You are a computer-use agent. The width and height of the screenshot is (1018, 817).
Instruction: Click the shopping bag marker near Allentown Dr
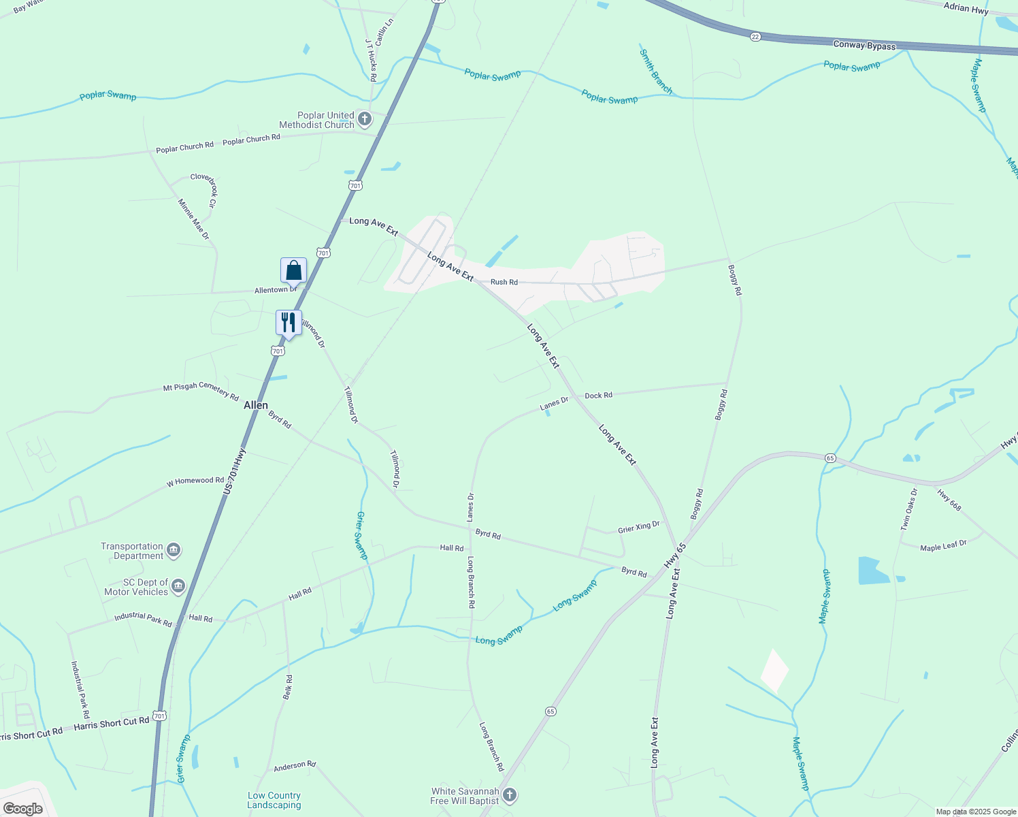(x=293, y=271)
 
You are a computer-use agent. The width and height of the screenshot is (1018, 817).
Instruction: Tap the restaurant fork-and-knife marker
(x=289, y=323)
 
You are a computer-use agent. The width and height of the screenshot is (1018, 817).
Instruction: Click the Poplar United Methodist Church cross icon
(x=365, y=120)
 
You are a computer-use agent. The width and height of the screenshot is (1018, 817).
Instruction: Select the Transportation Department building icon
(x=174, y=551)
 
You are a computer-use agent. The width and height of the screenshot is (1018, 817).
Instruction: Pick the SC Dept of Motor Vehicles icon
(x=178, y=586)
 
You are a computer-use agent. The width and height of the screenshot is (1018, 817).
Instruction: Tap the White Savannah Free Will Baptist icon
(x=510, y=795)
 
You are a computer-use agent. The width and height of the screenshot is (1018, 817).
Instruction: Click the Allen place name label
(x=256, y=405)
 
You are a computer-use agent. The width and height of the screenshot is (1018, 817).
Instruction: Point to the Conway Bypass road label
(x=864, y=46)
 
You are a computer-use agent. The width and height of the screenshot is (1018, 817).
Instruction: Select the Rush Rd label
(x=504, y=282)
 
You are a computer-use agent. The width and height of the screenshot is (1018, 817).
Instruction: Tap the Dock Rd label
(x=598, y=395)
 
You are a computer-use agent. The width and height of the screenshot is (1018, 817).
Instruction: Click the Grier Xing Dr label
(x=638, y=527)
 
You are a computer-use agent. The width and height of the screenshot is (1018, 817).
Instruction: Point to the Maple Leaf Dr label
(x=943, y=546)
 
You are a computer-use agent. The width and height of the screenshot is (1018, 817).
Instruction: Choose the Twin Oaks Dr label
(x=909, y=509)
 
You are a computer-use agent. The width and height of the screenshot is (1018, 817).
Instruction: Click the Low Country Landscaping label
(x=274, y=800)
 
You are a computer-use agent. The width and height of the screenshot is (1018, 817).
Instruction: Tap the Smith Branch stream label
(x=655, y=71)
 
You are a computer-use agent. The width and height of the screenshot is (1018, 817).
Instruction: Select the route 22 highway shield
(x=755, y=37)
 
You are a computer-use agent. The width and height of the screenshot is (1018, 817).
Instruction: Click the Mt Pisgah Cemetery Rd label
(x=201, y=391)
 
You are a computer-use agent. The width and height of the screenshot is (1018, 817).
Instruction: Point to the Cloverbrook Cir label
(x=203, y=190)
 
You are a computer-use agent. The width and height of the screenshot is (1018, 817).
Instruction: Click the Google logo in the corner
(x=23, y=808)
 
